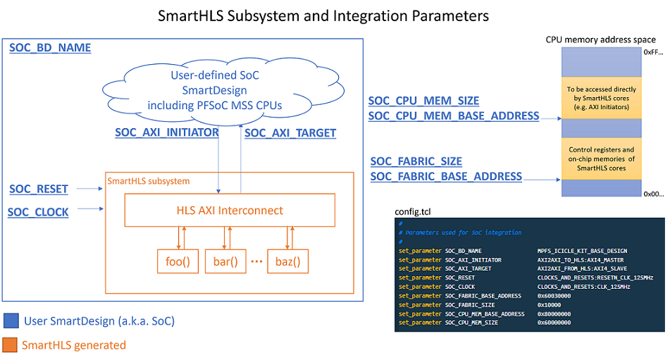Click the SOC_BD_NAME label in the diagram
pos(50,48)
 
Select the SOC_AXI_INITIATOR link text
pos(167,132)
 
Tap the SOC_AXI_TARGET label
pos(290,132)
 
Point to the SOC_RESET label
pos(39,189)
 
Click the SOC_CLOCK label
pos(38,211)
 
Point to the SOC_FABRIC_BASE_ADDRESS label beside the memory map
pos(446,176)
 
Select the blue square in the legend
pos(11,321)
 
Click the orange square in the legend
pos(11,345)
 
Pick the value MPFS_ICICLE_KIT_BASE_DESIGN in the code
pos(582,250)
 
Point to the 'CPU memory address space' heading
pos(600,39)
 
